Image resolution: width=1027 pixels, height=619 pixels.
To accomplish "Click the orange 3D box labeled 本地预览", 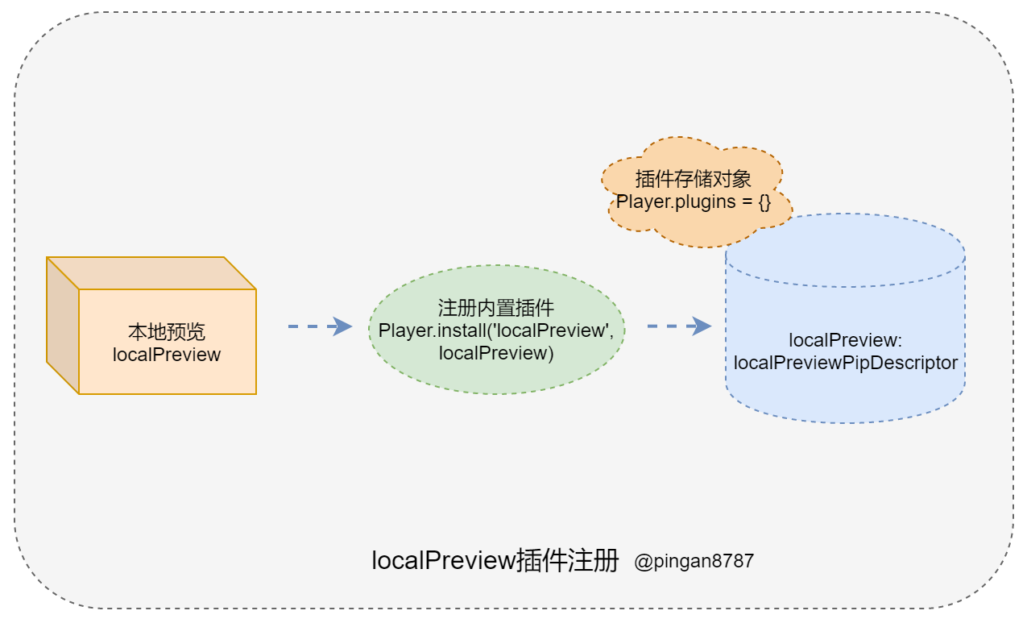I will pos(167,355).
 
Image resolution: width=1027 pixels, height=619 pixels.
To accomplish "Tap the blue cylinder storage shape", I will pos(845,387).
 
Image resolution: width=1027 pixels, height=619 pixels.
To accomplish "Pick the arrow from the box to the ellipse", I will pos(320,326).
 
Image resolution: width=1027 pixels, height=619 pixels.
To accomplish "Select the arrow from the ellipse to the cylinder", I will pos(679,326).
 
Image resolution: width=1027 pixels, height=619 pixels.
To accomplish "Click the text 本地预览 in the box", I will pos(167,333).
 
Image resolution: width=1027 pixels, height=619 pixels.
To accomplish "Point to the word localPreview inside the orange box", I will pos(167,355).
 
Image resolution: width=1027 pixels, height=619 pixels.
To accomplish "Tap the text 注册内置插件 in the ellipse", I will pos(496,308).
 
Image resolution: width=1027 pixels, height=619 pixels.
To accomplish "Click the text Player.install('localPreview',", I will pos(496,330).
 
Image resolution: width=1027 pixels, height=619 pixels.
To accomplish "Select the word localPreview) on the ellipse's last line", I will pos(496,353).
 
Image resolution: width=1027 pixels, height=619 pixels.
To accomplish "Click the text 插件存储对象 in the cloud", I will pos(694,179).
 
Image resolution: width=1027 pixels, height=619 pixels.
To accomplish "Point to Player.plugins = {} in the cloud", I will pos(694,201).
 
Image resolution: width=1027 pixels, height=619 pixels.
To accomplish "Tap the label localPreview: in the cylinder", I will pos(845,340).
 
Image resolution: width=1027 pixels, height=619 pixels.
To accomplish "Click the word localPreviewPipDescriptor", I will pos(845,363).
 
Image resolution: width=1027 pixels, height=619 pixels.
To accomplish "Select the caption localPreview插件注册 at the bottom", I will pos(495,560).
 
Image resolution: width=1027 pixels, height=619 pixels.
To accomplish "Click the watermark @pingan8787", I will pos(694,561).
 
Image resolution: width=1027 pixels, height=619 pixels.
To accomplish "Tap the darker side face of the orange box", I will pos(62,326).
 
